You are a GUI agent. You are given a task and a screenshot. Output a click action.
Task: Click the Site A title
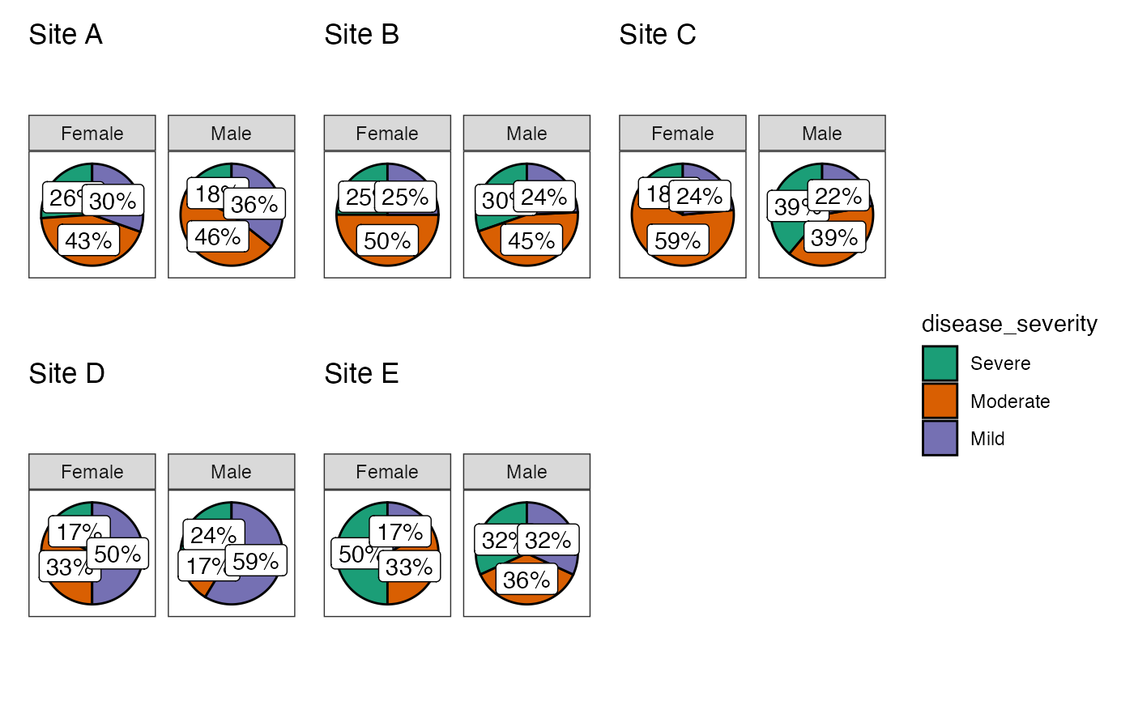[66, 35]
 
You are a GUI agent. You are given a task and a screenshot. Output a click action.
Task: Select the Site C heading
[658, 35]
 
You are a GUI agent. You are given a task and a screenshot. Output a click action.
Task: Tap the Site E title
[361, 373]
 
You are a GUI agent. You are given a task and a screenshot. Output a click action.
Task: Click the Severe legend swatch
[940, 363]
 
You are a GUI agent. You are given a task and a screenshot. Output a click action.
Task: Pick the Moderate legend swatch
[940, 401]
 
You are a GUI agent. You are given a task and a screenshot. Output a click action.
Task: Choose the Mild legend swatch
[940, 439]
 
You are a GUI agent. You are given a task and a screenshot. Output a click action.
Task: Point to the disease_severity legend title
[1009, 324]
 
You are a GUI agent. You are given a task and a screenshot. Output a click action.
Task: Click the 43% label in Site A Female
[88, 240]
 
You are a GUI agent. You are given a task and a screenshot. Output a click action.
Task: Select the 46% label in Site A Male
[218, 236]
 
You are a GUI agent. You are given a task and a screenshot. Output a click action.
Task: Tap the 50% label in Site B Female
[387, 241]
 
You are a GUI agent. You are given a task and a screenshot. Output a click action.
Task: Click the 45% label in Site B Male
[531, 240]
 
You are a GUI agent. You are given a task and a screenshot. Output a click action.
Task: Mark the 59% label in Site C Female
[678, 240]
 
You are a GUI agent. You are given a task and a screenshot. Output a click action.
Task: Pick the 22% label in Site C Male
[838, 197]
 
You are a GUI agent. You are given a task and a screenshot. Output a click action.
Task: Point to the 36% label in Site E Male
[526, 580]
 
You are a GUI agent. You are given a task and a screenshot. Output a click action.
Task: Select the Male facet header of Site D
[232, 472]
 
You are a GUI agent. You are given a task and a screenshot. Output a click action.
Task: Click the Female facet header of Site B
[387, 134]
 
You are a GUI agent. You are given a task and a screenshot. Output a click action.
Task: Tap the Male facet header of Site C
[822, 134]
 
